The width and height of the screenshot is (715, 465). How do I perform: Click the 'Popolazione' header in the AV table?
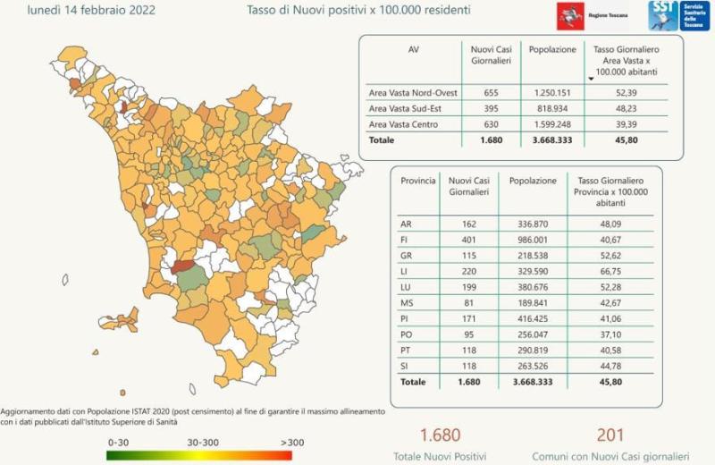tap(552, 50)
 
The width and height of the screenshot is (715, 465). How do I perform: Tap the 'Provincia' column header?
tap(418, 181)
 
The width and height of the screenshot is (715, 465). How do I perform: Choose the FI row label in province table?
tap(405, 239)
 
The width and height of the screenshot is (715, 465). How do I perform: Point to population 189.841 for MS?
tap(532, 303)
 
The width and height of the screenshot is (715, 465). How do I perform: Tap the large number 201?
tap(610, 435)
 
